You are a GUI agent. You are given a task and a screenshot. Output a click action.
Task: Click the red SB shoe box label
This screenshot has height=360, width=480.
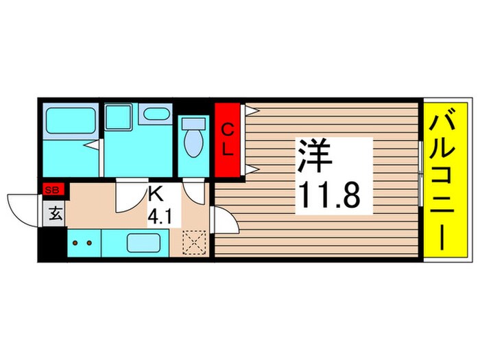(x=52, y=190)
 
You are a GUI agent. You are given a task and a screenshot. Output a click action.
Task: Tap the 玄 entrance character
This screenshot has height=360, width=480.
(x=55, y=214)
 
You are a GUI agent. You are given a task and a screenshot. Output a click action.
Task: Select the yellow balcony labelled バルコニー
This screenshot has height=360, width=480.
(x=445, y=181)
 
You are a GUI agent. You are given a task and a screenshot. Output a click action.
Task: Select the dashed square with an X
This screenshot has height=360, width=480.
(x=195, y=242)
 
